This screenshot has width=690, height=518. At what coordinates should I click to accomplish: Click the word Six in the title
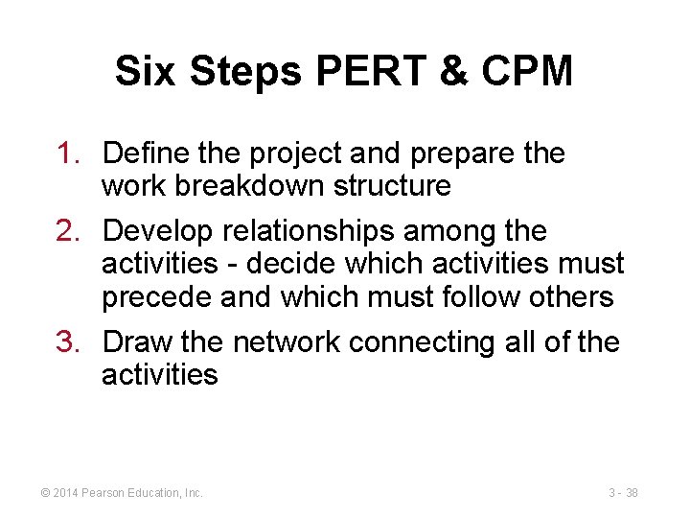[x=146, y=72]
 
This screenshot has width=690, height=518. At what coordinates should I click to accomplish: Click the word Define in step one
[x=143, y=153]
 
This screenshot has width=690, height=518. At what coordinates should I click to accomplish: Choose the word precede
[x=156, y=297]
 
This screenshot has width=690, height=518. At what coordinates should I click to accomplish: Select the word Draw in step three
[x=136, y=342]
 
